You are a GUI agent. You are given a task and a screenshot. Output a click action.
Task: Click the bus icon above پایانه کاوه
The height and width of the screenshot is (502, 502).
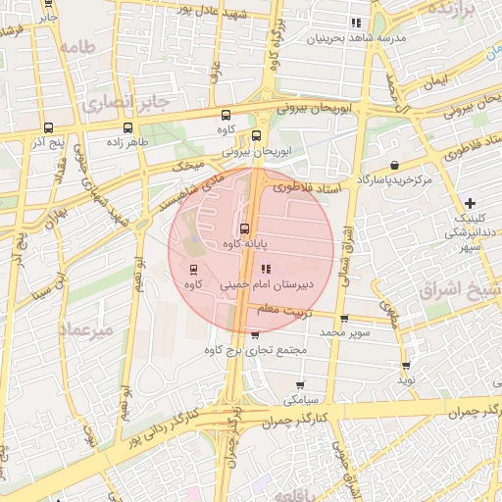point(245,227)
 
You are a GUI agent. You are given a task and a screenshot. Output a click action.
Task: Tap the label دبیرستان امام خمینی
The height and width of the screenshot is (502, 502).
point(306,282)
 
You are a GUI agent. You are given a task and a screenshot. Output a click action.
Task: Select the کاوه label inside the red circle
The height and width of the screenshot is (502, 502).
point(193,283)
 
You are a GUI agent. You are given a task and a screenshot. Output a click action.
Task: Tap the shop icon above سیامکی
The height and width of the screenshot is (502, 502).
point(299,385)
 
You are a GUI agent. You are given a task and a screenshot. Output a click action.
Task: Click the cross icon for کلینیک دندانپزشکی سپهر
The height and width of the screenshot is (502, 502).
point(471,202)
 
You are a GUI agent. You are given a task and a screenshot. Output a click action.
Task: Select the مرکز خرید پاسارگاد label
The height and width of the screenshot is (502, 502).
point(394,180)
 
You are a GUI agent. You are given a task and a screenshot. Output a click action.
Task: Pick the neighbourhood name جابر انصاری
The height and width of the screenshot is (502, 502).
point(126,102)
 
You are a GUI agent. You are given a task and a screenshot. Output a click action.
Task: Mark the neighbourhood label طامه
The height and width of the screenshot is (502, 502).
point(81,46)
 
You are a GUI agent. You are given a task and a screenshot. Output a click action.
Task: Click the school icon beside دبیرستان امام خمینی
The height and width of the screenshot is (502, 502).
point(266,269)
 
